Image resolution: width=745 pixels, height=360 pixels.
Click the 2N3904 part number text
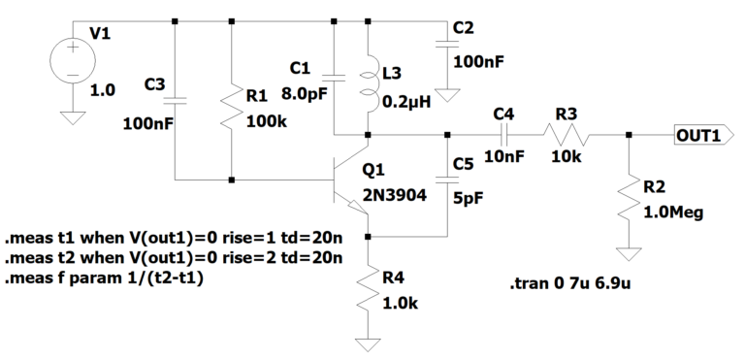click(x=394, y=194)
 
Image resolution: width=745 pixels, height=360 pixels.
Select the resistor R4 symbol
click(x=369, y=290)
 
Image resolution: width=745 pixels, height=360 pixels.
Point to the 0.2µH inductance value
click(x=407, y=99)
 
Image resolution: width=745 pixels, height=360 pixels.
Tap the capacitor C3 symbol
click(x=175, y=99)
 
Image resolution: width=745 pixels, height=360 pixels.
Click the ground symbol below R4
click(x=369, y=344)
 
